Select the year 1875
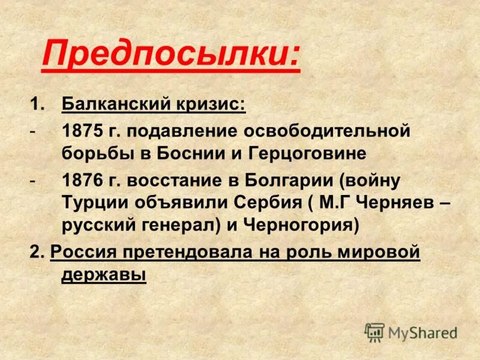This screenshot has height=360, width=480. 82,131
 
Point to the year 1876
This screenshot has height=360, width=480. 82,180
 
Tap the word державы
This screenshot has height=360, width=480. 103,275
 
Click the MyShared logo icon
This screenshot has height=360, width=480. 374,332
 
